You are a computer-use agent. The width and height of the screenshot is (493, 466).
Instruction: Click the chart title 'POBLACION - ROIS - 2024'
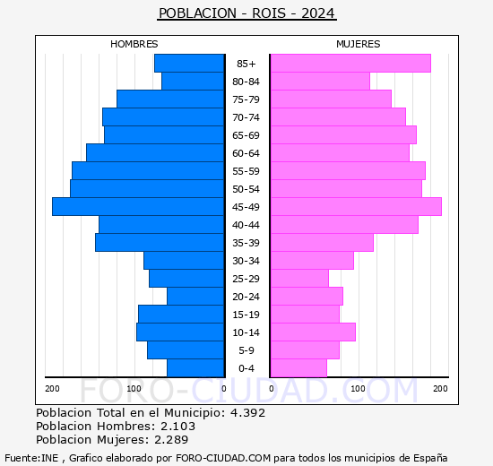[x=246, y=13]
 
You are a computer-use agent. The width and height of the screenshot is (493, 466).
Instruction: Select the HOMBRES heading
[x=134, y=44]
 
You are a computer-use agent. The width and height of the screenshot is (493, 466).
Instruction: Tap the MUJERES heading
[x=358, y=44]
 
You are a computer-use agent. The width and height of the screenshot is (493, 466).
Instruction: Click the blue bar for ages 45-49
[x=138, y=207]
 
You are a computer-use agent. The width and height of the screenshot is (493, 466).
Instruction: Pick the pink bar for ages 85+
[x=350, y=64]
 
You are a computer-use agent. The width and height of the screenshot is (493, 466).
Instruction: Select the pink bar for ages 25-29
[x=299, y=279]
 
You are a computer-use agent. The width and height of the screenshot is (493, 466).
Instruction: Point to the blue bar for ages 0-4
[x=195, y=368]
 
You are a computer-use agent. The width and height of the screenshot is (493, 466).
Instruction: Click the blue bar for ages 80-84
[x=193, y=82]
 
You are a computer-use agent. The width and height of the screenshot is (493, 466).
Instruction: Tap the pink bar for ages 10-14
[x=313, y=332]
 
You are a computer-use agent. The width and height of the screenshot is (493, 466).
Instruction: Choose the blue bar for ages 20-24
[x=195, y=297]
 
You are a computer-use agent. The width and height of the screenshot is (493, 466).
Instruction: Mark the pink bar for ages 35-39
[x=322, y=243]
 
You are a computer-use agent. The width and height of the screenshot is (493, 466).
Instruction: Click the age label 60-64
[x=246, y=153]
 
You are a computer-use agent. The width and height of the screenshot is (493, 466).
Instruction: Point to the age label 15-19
[x=246, y=315]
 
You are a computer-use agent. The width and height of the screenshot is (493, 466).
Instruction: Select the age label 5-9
[x=246, y=350]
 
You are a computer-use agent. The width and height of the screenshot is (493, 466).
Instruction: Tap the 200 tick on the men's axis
[x=52, y=388]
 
